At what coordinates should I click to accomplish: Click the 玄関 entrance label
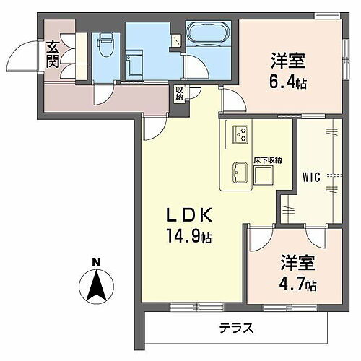(53, 55)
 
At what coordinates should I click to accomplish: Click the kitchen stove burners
(240, 134)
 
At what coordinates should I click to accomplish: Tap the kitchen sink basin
(239, 173)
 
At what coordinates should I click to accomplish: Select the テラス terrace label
(238, 329)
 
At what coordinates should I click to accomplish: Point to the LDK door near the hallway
(151, 127)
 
